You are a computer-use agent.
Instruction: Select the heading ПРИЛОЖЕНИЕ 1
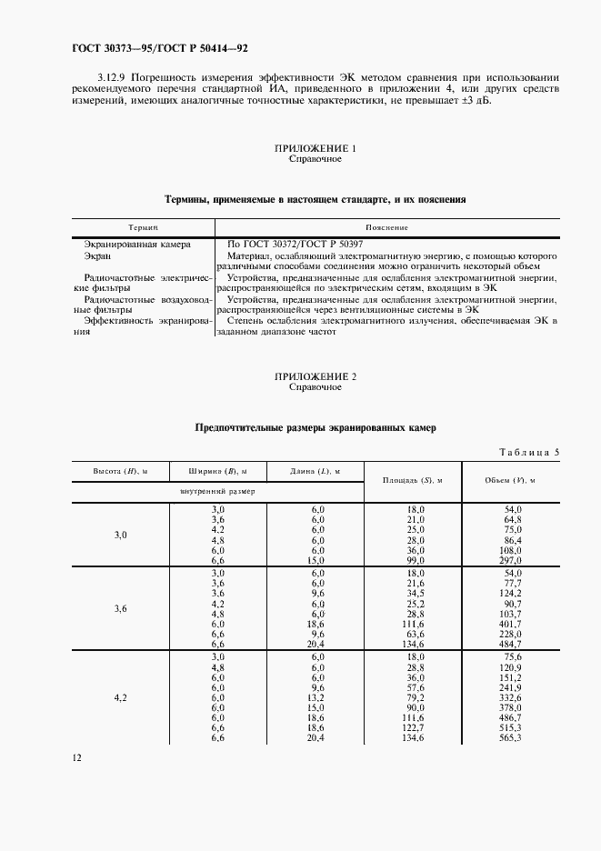[x=316, y=148]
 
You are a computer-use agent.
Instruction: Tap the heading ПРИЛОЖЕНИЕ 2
[x=316, y=376]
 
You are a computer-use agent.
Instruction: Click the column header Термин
[x=144, y=226]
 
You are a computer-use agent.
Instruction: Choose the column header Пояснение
[x=386, y=226]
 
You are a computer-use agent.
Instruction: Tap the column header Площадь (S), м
[x=412, y=479]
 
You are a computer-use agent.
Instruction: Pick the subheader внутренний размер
[x=218, y=490]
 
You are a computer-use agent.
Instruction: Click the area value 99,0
[x=416, y=562]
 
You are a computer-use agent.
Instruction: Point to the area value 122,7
[x=416, y=728]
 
